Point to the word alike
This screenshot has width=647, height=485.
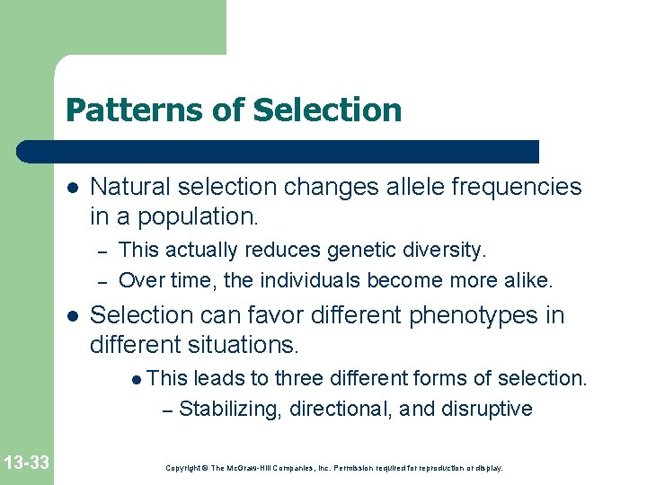click(x=529, y=280)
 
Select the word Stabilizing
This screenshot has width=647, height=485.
click(x=229, y=410)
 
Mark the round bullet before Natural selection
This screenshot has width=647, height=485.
click(x=72, y=188)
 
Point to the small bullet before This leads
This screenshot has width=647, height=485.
click(x=135, y=379)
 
